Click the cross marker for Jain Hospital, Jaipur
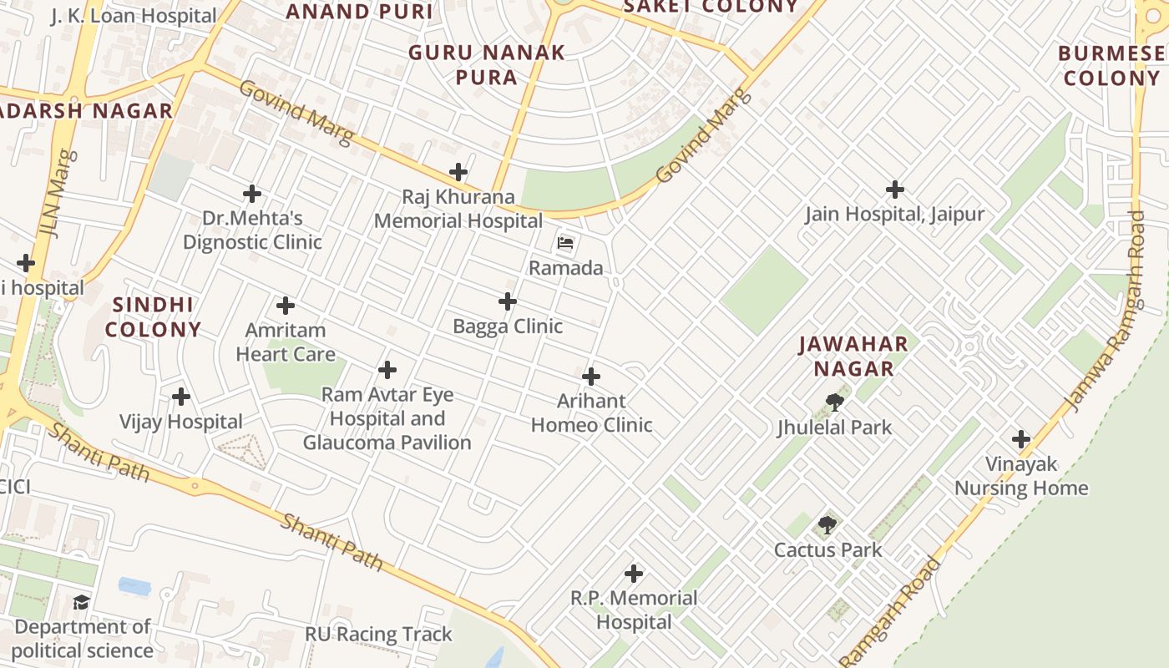[x=894, y=190]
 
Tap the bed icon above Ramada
[x=565, y=244]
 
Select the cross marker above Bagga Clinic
[x=507, y=301]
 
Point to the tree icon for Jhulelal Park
[x=833, y=403]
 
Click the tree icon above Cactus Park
[x=827, y=525]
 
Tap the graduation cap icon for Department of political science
[x=81, y=602]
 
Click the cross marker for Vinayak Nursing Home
[x=1020, y=439]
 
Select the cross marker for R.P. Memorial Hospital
[x=634, y=574]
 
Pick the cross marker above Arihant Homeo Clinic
[x=591, y=377]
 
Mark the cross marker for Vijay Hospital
[x=180, y=397]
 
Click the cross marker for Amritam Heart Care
[x=286, y=306]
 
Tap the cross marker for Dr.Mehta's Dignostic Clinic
[x=252, y=194]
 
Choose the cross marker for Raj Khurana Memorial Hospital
[x=458, y=173]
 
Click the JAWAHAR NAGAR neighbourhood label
[x=853, y=356]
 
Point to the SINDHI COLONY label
[x=154, y=316]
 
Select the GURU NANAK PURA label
[x=487, y=65]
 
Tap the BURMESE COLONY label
[x=1111, y=66]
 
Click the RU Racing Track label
[x=378, y=634]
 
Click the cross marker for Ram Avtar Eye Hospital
[x=387, y=369]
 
